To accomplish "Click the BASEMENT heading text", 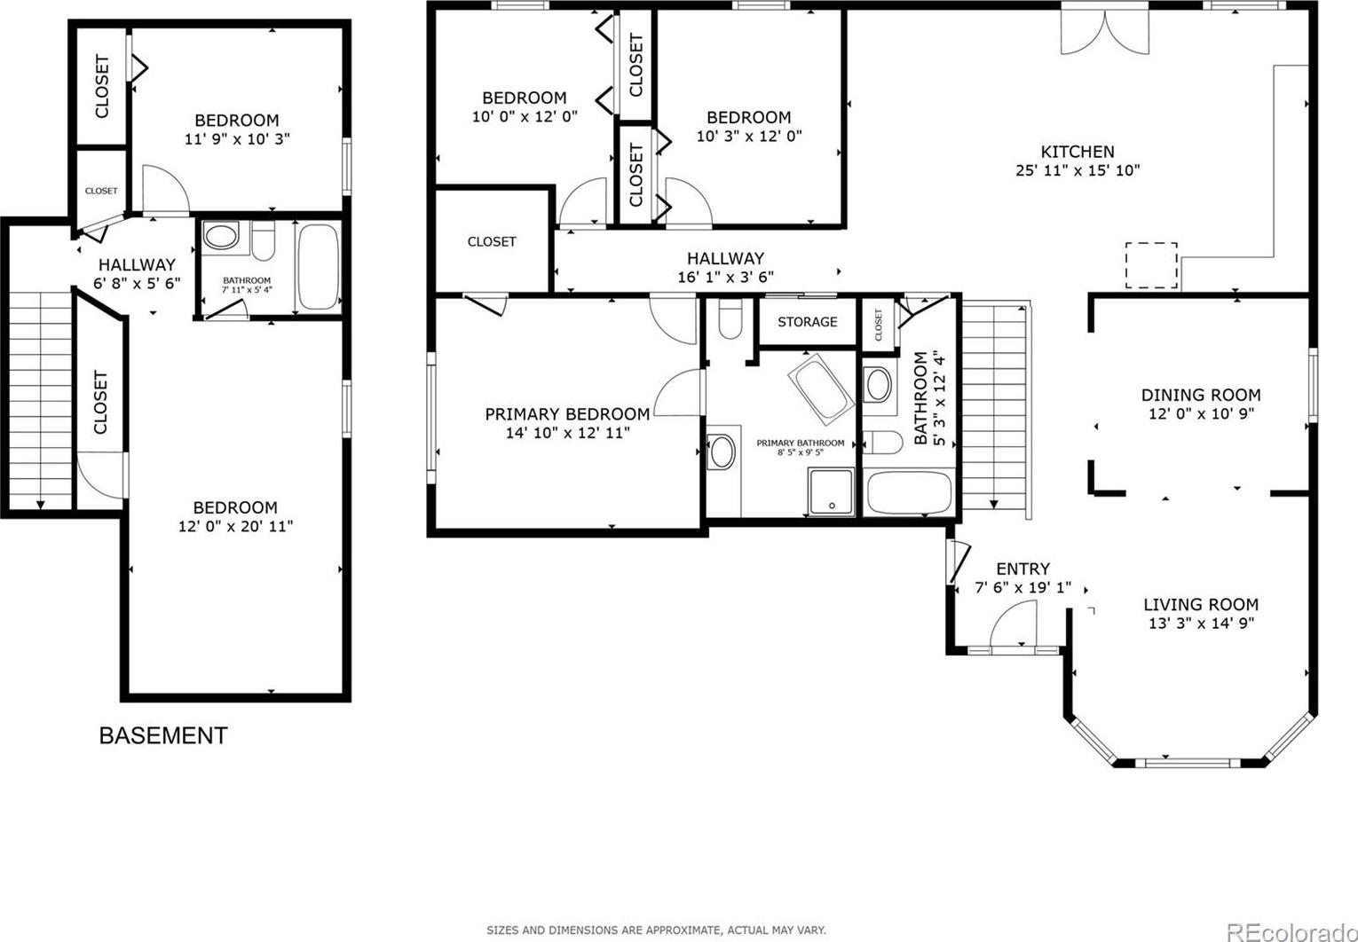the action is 163,736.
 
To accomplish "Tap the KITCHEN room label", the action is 1078,152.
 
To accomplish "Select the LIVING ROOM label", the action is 1201,605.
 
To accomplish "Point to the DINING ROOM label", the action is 1201,395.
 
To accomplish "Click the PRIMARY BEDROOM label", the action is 567,414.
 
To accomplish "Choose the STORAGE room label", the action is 808,322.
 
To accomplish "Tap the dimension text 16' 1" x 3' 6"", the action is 726,278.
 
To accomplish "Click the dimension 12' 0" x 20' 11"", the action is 235,526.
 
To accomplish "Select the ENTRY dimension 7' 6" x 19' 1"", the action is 1022,587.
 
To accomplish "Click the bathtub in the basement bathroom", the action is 319,267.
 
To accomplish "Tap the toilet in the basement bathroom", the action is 263,240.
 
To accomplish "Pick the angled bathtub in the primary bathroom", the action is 821,389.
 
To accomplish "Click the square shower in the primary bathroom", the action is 831,492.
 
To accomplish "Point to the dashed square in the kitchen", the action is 1151,265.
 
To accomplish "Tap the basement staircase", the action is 40,400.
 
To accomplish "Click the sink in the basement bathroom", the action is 221,236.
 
